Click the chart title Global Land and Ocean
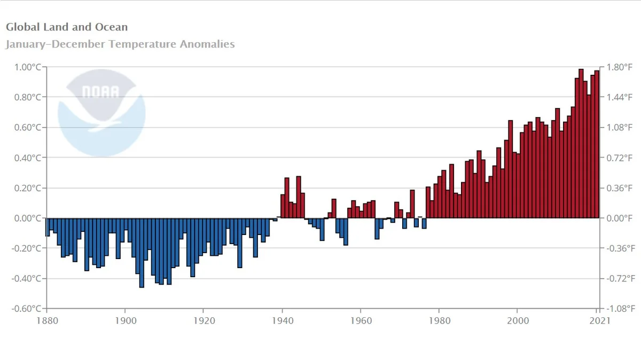coord(67,27)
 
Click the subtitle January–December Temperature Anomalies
coord(120,44)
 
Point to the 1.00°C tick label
coord(27,67)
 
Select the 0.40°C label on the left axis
coord(27,158)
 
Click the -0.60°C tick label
coord(26,309)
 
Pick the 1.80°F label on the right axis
coord(620,67)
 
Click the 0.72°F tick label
coord(620,158)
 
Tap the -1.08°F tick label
coord(621,309)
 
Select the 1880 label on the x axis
coord(47,320)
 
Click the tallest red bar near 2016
coord(581,144)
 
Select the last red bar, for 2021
coord(597,144)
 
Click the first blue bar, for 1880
coord(48,227)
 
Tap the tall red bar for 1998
coord(510,171)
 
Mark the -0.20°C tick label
coord(26,248)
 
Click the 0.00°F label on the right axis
coord(620,218)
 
